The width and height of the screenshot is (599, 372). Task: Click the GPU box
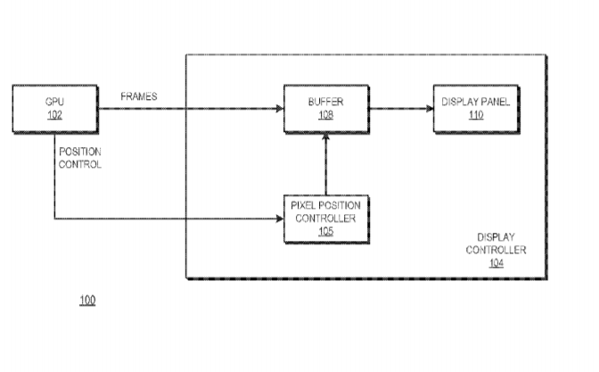pos(55,109)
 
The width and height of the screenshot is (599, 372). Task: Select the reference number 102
pos(54,115)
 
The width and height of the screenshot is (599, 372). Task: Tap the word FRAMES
pos(139,96)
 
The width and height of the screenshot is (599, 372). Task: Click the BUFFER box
pos(326,109)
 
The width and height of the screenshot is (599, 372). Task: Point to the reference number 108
pos(326,115)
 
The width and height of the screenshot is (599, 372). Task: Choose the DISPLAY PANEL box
pos(476,109)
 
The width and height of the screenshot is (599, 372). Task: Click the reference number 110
pos(476,115)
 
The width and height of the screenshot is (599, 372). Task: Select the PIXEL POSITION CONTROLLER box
pos(326,219)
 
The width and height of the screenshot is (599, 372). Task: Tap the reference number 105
pos(326,232)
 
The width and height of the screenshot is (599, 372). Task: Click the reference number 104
pos(496,263)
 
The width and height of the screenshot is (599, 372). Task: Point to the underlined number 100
pos(87,300)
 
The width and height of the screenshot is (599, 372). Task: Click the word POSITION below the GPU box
pos(80,152)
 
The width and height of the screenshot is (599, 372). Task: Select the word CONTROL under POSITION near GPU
pos(80,164)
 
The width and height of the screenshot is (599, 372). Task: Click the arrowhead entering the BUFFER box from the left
pos(280,109)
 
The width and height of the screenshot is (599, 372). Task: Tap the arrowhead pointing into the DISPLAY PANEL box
pos(430,109)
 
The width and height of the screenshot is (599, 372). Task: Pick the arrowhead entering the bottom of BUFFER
pos(326,136)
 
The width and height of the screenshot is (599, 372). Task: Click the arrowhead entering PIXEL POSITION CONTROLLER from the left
pos(280,219)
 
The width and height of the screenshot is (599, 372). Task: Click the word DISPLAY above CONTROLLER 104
pos(496,237)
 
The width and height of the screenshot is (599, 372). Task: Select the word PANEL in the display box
pos(495,102)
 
